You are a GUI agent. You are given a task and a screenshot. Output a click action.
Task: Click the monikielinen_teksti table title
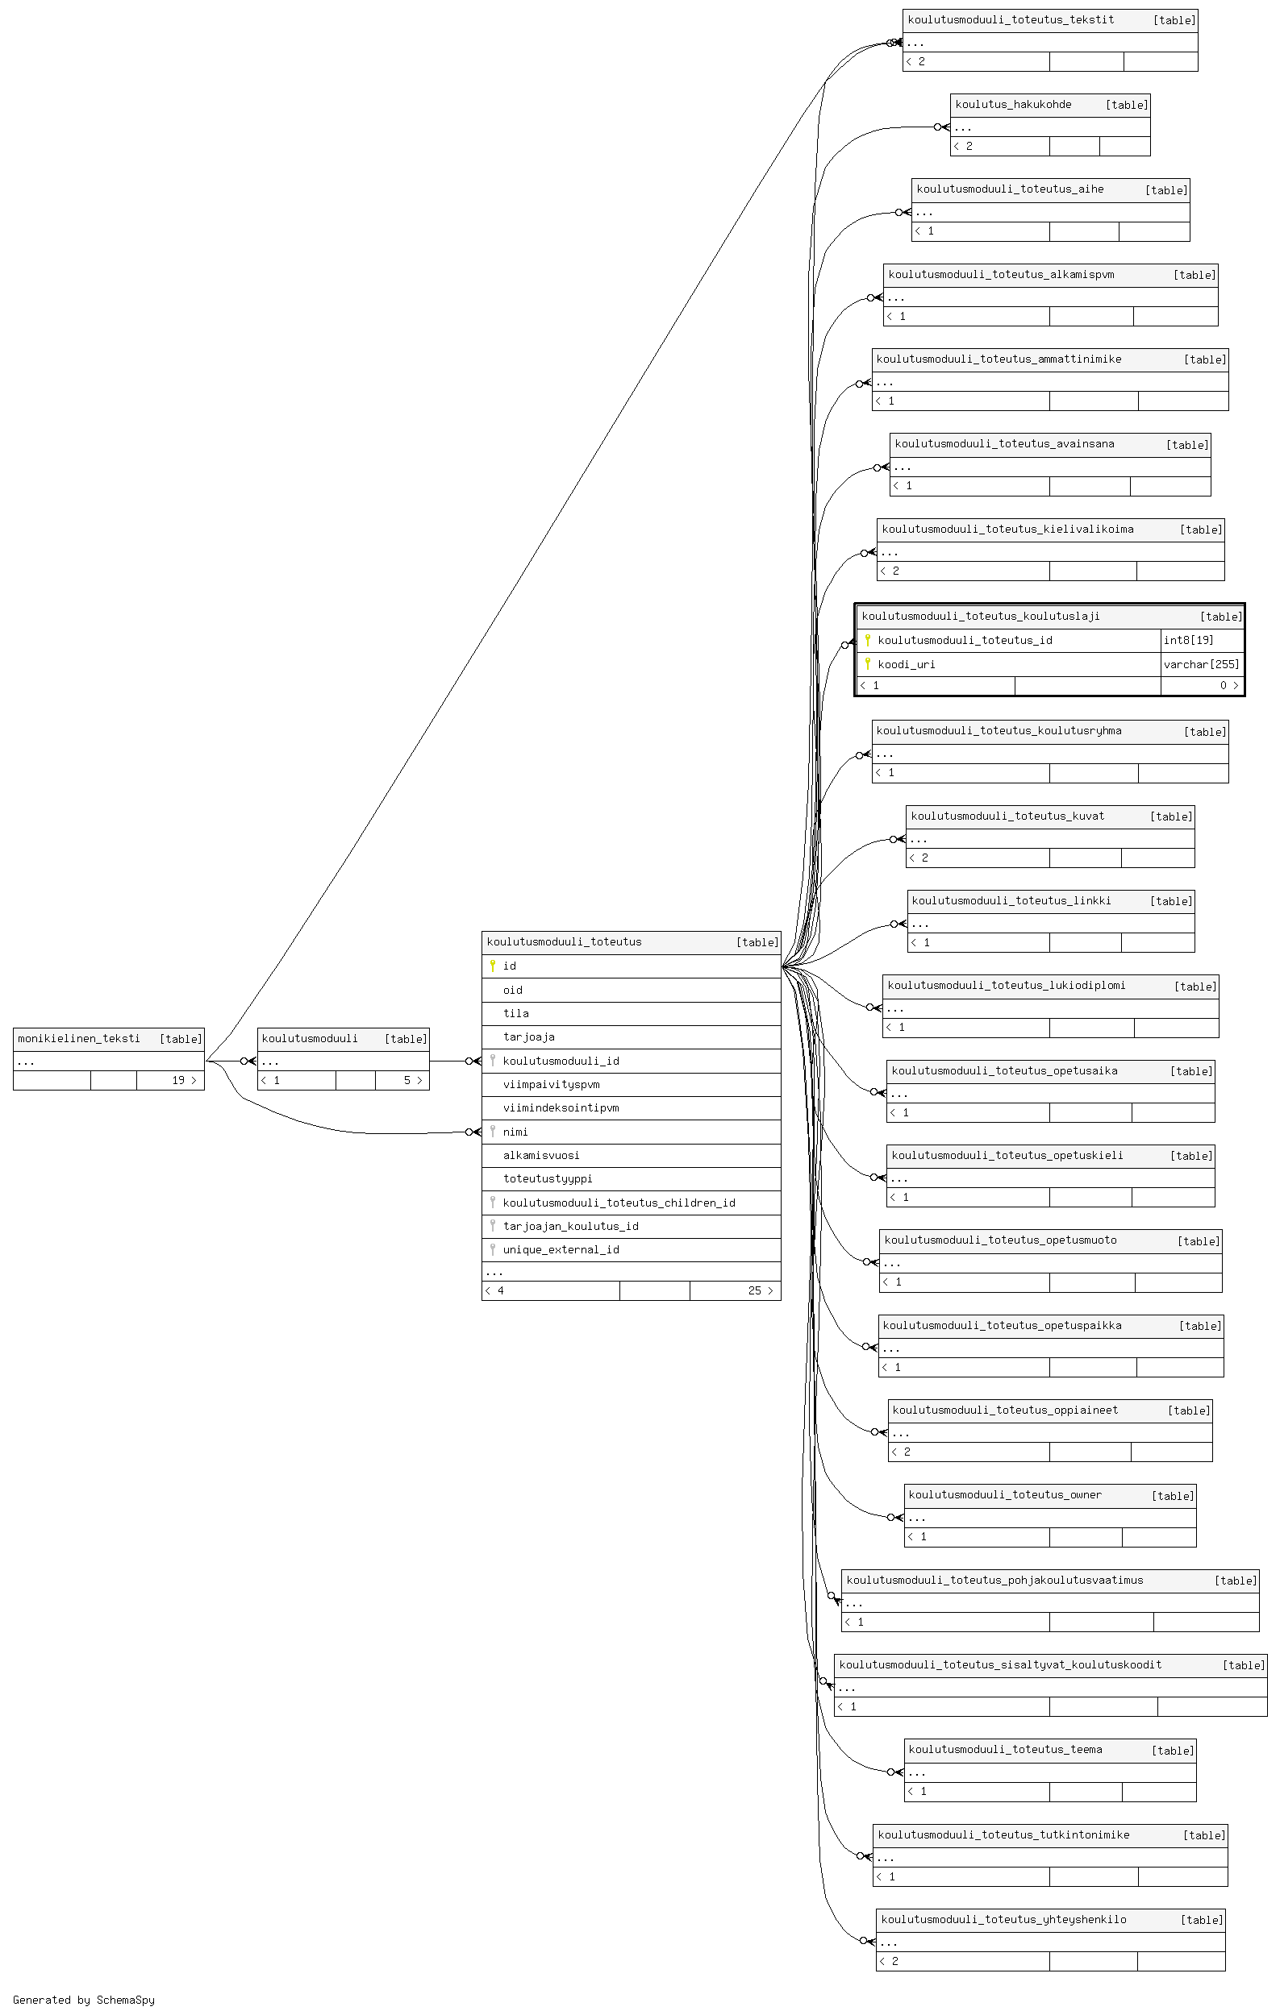click(79, 1038)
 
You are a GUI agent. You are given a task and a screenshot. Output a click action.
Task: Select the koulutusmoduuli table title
click(310, 1038)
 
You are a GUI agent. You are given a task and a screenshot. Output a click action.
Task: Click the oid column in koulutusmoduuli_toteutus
click(512, 990)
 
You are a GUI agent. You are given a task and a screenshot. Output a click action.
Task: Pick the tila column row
click(632, 1013)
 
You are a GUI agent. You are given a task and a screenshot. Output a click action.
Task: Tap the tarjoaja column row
click(632, 1037)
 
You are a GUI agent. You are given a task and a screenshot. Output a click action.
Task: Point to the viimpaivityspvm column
click(551, 1085)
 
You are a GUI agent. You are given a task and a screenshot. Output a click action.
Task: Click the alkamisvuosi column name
click(541, 1156)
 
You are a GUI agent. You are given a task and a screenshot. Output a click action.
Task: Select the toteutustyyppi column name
click(548, 1179)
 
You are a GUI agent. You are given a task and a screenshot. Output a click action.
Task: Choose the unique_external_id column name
click(561, 1250)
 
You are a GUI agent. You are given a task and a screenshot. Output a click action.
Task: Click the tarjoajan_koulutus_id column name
click(571, 1227)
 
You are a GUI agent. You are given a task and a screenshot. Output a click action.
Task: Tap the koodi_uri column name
click(907, 664)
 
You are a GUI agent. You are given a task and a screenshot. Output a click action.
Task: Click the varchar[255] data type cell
click(1201, 664)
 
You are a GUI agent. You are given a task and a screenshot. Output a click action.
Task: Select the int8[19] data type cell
click(1188, 640)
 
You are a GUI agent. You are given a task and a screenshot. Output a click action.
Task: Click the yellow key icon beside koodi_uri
click(867, 664)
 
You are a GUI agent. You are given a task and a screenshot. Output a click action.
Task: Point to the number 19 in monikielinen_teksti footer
click(178, 1080)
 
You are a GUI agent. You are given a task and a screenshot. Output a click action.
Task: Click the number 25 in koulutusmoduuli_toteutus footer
click(754, 1290)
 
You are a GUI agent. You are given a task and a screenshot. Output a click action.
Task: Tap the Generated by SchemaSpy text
click(84, 2000)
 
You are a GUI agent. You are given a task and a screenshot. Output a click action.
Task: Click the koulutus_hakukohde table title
click(1013, 105)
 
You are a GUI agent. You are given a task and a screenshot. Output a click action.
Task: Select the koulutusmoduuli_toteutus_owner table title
click(1005, 1495)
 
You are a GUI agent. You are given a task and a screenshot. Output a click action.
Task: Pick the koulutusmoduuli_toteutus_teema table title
click(1005, 1750)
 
